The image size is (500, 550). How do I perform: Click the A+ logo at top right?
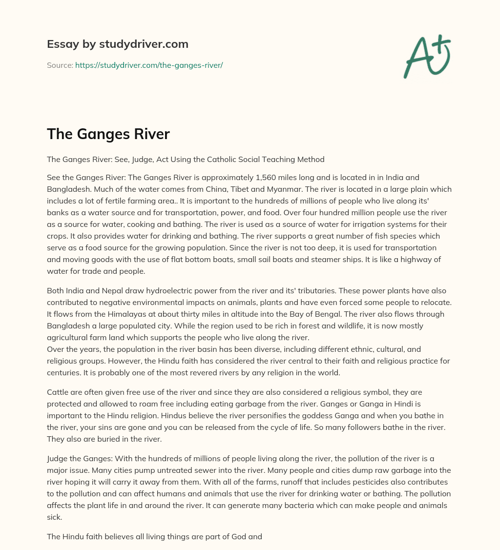pos(426,56)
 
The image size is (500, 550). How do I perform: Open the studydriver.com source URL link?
pos(149,65)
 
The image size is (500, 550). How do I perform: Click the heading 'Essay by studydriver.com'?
pos(117,44)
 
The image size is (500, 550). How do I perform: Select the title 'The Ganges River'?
pos(108,134)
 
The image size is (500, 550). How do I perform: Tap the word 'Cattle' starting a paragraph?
pos(58,392)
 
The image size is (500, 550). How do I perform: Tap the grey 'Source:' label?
pos(60,65)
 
